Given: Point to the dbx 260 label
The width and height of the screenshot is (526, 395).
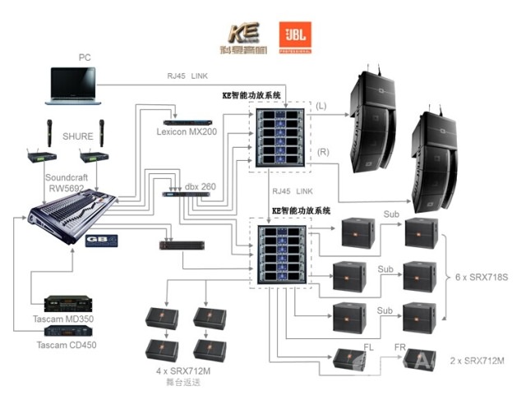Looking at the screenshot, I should pos(200,187).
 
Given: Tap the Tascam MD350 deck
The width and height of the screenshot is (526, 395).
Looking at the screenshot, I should pos(68,303).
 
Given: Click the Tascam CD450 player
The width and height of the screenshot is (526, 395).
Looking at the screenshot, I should pos(68,330).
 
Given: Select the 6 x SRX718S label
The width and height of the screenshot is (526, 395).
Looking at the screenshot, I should pos(481,277).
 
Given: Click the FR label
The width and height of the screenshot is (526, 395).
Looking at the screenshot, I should pos(400,347).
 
